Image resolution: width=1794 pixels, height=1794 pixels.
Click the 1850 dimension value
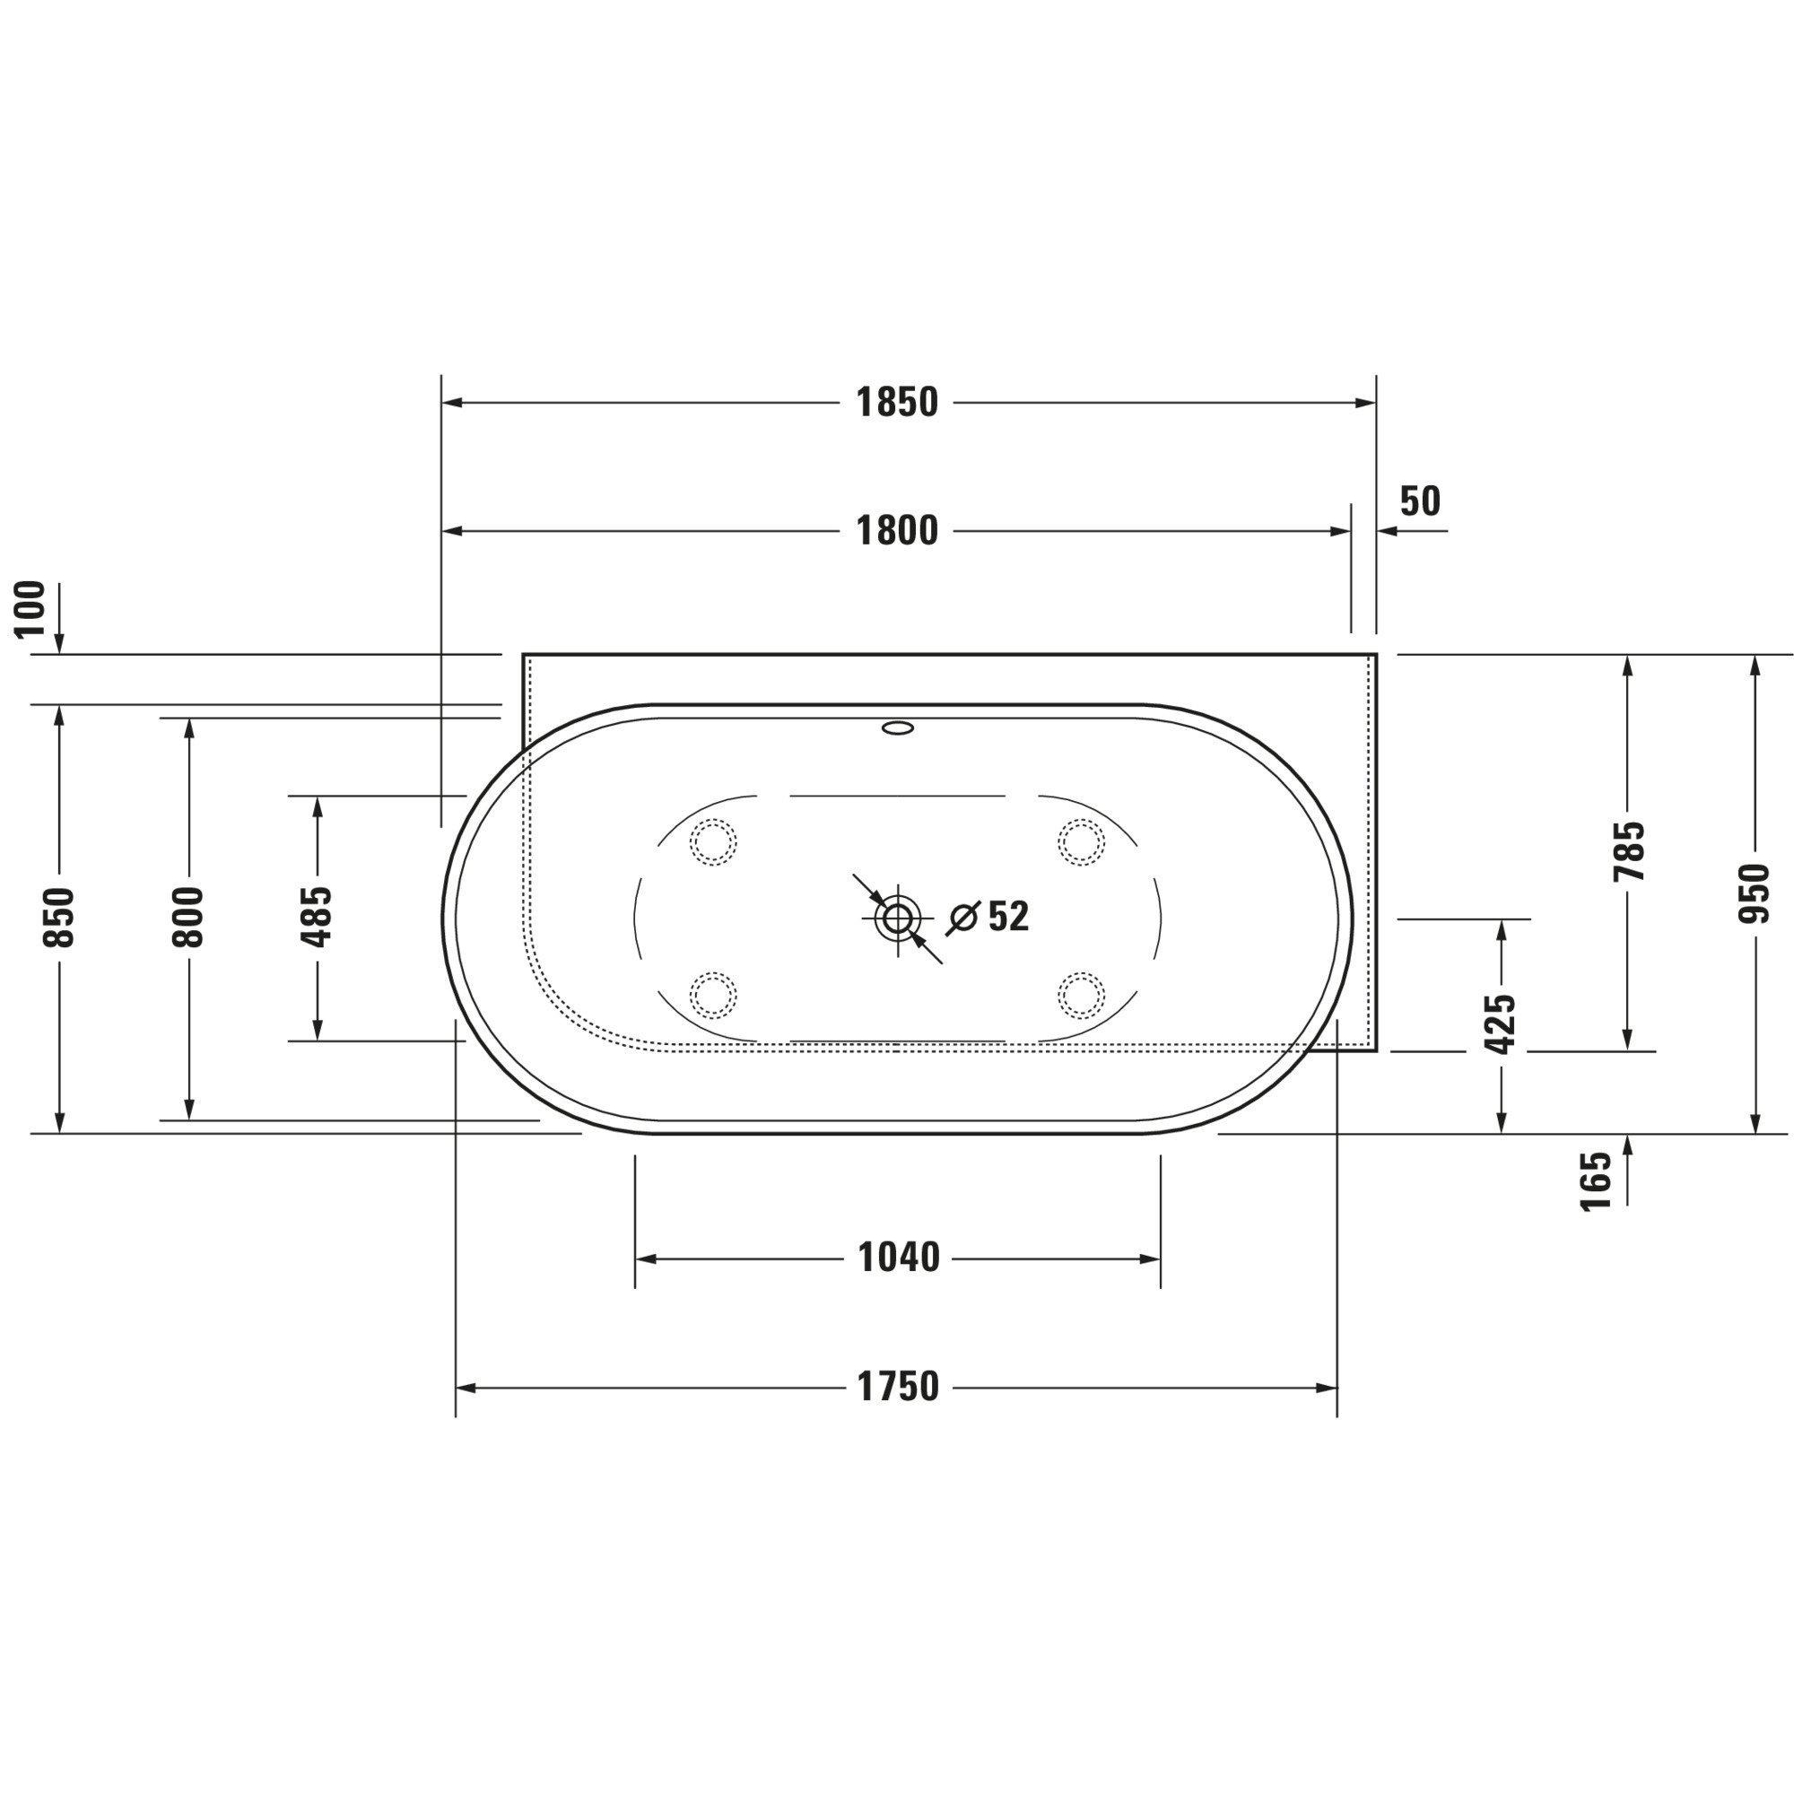tap(897, 403)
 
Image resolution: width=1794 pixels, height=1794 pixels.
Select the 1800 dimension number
tap(897, 531)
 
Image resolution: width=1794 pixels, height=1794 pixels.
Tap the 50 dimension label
tap(1420, 501)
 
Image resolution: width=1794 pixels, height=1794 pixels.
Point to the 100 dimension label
tap(30, 608)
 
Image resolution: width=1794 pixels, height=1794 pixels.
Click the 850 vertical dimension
tap(59, 918)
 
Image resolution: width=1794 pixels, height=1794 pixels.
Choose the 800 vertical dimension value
tap(188, 918)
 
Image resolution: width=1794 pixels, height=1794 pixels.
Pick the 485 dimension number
tap(318, 918)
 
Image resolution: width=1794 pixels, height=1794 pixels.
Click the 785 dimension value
tap(1629, 851)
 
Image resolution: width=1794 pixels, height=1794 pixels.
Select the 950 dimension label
tap(1754, 893)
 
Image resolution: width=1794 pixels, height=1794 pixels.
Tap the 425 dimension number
tap(1502, 1024)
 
